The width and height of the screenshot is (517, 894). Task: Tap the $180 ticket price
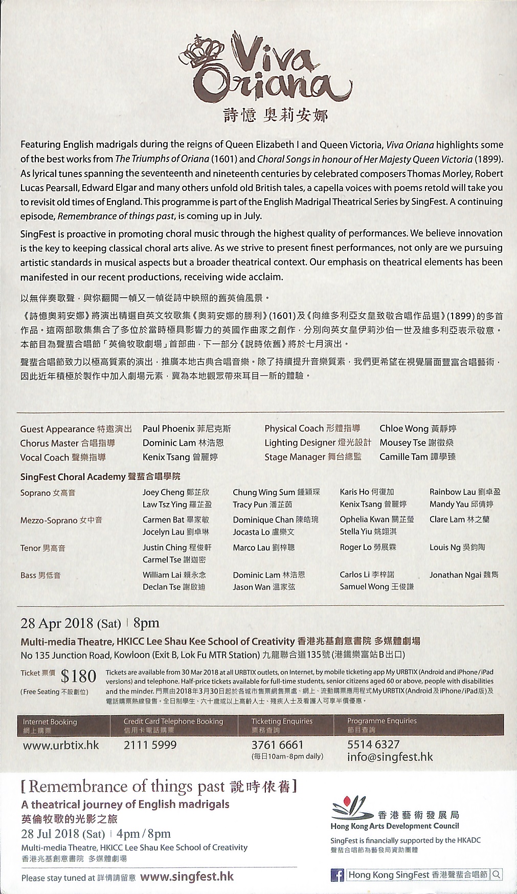tap(78, 677)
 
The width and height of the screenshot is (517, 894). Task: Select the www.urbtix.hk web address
tap(61, 745)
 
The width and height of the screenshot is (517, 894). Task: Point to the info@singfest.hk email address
tap(390, 757)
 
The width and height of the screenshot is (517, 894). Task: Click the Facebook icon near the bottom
tap(338, 875)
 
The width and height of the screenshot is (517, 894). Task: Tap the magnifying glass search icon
tap(497, 875)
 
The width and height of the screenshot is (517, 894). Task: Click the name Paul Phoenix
tap(169, 429)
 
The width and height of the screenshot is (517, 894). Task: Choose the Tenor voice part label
tap(30, 548)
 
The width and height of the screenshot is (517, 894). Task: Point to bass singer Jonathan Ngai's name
tap(453, 575)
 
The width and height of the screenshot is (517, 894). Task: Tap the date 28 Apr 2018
tap(57, 623)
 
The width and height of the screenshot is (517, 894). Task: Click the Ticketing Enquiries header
tap(281, 721)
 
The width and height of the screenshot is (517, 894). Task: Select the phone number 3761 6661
tap(277, 745)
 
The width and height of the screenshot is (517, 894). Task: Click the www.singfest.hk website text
tap(187, 877)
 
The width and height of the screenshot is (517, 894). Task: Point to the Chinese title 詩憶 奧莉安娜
tap(275, 115)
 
